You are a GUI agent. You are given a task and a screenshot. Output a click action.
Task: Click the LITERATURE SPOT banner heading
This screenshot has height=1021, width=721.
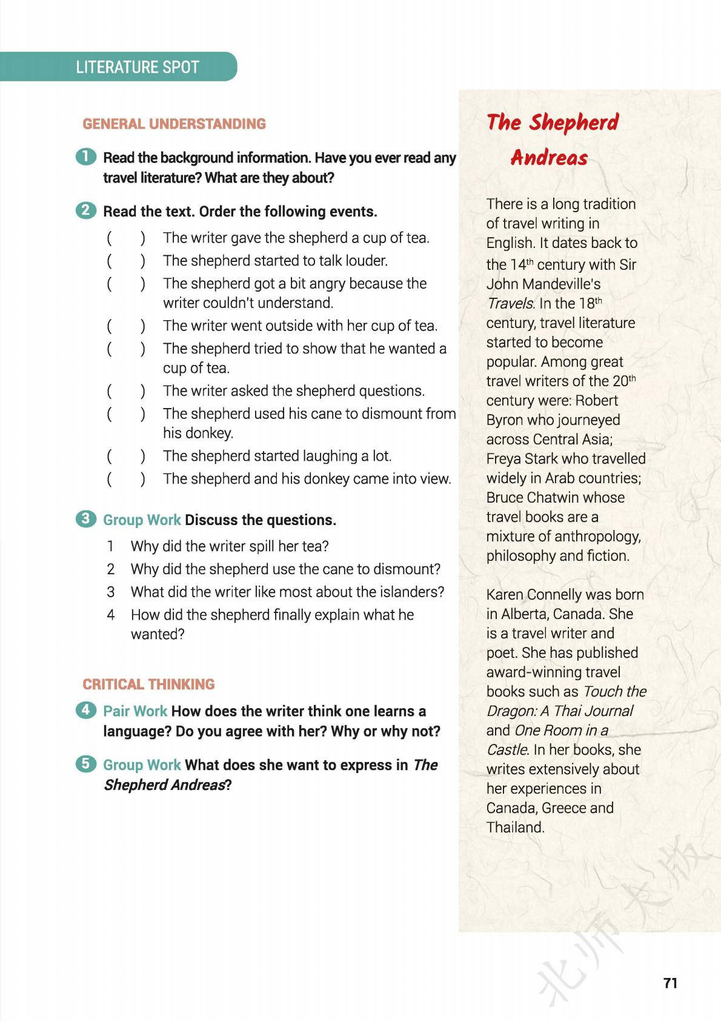[x=138, y=67]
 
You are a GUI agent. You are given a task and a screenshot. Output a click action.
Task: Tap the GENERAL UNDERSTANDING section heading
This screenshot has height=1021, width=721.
[x=174, y=124]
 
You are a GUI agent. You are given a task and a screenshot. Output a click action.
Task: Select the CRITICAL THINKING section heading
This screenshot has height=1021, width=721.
[x=148, y=684]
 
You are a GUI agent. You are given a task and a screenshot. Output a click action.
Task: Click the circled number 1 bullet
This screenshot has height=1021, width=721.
[x=86, y=156]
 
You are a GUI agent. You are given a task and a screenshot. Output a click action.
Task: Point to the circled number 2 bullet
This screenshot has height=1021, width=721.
[x=86, y=210]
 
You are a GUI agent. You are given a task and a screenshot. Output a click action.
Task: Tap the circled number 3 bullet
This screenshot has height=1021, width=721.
[x=86, y=519]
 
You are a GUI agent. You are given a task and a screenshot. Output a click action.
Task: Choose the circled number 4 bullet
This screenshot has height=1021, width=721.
[x=86, y=710]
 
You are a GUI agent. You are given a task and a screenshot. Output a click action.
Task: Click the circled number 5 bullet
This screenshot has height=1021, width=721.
[x=86, y=764]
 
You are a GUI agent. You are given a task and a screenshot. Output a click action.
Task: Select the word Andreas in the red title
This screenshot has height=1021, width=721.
[x=549, y=158]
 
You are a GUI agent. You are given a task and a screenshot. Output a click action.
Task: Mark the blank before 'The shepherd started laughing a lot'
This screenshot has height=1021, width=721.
[x=126, y=456]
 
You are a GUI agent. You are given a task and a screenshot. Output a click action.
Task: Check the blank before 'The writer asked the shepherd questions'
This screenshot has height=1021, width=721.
[x=126, y=391]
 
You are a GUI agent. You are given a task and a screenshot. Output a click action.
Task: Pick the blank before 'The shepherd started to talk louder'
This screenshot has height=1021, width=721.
[x=126, y=261]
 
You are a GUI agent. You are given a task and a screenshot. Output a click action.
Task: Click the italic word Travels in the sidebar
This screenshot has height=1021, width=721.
[x=510, y=303]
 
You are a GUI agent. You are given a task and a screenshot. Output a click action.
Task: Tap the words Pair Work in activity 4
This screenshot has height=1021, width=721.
[x=135, y=711]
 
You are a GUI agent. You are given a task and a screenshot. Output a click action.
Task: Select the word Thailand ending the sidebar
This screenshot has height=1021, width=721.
[x=514, y=827]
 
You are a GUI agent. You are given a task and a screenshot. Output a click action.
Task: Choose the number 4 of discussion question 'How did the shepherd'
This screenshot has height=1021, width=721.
[x=111, y=615]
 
